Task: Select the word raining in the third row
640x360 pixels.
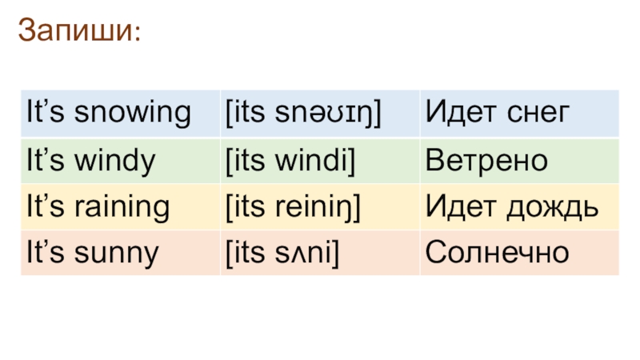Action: (x=124, y=208)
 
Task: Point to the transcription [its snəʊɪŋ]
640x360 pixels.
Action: (x=302, y=114)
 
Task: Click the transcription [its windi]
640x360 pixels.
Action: (x=290, y=162)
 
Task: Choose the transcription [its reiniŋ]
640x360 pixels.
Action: (x=294, y=208)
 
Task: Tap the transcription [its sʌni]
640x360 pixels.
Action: (x=282, y=254)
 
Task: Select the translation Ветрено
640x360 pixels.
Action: (x=486, y=162)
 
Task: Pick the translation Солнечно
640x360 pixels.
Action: (x=497, y=254)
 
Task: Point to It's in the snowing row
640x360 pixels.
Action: (x=46, y=114)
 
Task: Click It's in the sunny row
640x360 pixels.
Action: (x=46, y=254)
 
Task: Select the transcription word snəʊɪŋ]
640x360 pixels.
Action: (x=327, y=114)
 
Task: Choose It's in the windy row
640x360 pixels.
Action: (x=46, y=162)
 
